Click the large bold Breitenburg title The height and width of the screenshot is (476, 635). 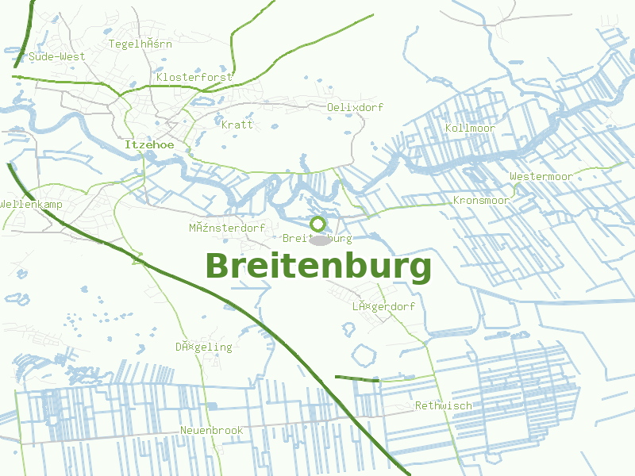pyautogui.click(x=318, y=267)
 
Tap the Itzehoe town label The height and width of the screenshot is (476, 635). pyautogui.click(x=149, y=145)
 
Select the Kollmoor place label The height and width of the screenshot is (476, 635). pyautogui.click(x=470, y=129)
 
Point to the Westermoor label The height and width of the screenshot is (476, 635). pyautogui.click(x=541, y=176)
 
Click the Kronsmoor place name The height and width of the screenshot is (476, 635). pyautogui.click(x=481, y=201)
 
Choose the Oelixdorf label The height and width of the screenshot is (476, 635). pyautogui.click(x=355, y=107)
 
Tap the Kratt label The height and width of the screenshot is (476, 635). pyautogui.click(x=237, y=125)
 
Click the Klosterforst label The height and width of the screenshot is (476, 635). pyautogui.click(x=194, y=77)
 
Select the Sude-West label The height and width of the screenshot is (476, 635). pyautogui.click(x=56, y=57)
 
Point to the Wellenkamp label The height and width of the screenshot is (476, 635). pyautogui.click(x=31, y=205)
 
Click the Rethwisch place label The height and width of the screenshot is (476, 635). pyautogui.click(x=443, y=405)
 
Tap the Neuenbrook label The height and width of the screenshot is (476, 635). pyautogui.click(x=211, y=430)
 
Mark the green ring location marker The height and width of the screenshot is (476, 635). pyautogui.click(x=317, y=224)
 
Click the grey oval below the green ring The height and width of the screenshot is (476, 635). pyautogui.click(x=319, y=240)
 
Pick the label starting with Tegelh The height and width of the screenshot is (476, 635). pyautogui.click(x=140, y=44)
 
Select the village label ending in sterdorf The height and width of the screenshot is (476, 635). pyautogui.click(x=227, y=228)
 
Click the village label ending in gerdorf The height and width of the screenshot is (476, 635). pyautogui.click(x=383, y=306)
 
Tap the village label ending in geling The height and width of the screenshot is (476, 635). pyautogui.click(x=204, y=347)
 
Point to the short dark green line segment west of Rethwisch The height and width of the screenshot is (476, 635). pyautogui.click(x=357, y=378)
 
